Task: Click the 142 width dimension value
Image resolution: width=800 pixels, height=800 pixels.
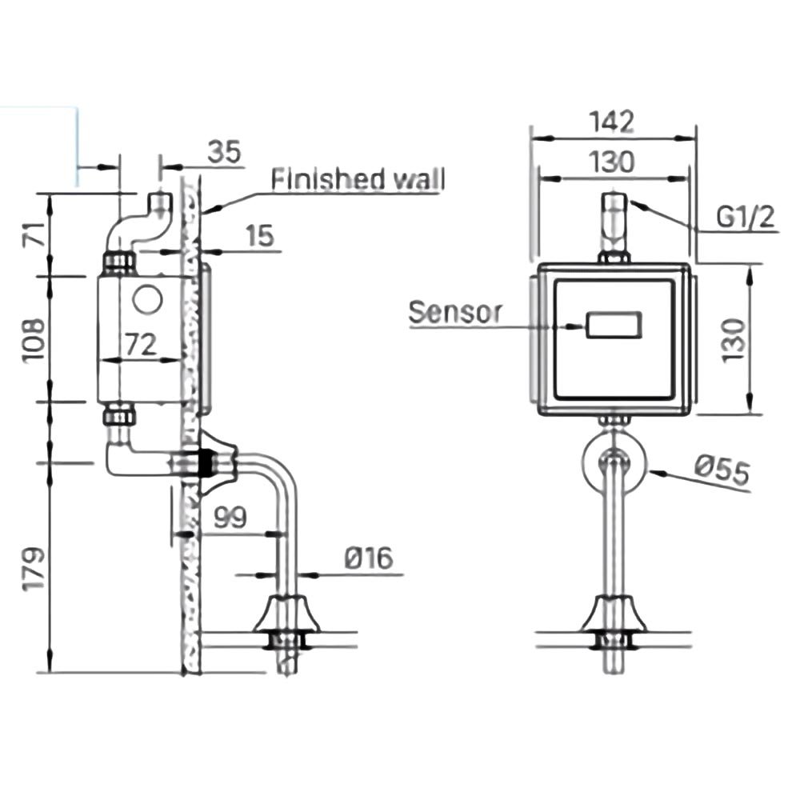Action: coord(612,122)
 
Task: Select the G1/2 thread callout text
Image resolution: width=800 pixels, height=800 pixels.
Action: coord(743,218)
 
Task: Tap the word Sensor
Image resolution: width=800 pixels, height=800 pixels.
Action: coord(454,313)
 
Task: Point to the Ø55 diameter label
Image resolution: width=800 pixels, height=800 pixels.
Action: coord(721,471)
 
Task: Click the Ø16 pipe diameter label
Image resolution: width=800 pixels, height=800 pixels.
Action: coord(369,558)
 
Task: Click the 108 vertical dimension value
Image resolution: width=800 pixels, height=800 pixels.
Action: coord(34,339)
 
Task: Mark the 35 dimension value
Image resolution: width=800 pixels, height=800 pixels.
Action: coord(225,153)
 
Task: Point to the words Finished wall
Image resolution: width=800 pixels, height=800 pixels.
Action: coord(358,180)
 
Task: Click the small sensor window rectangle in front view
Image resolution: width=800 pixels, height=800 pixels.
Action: coord(614,326)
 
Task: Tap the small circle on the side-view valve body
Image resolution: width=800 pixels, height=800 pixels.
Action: coord(147,300)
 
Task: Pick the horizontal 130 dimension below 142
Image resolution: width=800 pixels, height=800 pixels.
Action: coord(612,162)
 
